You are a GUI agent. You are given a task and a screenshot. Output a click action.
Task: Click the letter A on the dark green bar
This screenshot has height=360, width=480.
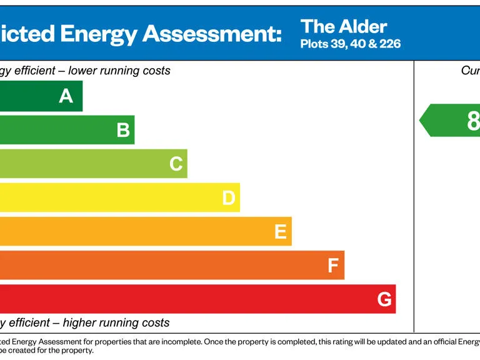click(x=66, y=96)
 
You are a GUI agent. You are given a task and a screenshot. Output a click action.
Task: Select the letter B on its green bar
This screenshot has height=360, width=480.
click(x=123, y=130)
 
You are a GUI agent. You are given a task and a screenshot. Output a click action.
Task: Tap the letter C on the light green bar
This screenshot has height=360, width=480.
click(x=176, y=164)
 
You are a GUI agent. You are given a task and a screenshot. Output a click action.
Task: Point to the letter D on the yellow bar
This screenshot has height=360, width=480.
click(x=229, y=197)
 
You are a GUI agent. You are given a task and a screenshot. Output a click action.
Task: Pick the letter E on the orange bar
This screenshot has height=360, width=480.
click(x=281, y=232)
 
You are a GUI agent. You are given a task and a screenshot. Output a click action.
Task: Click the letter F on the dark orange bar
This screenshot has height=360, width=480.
click(x=333, y=266)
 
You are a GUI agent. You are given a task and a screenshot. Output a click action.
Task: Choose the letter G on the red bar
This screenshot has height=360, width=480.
click(x=385, y=299)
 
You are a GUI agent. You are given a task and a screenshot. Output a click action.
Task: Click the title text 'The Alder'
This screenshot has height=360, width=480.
click(x=344, y=27)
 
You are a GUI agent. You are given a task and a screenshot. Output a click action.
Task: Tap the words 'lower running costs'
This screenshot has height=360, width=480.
click(x=119, y=71)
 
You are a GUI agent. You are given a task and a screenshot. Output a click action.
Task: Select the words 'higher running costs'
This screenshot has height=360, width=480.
click(x=116, y=322)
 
